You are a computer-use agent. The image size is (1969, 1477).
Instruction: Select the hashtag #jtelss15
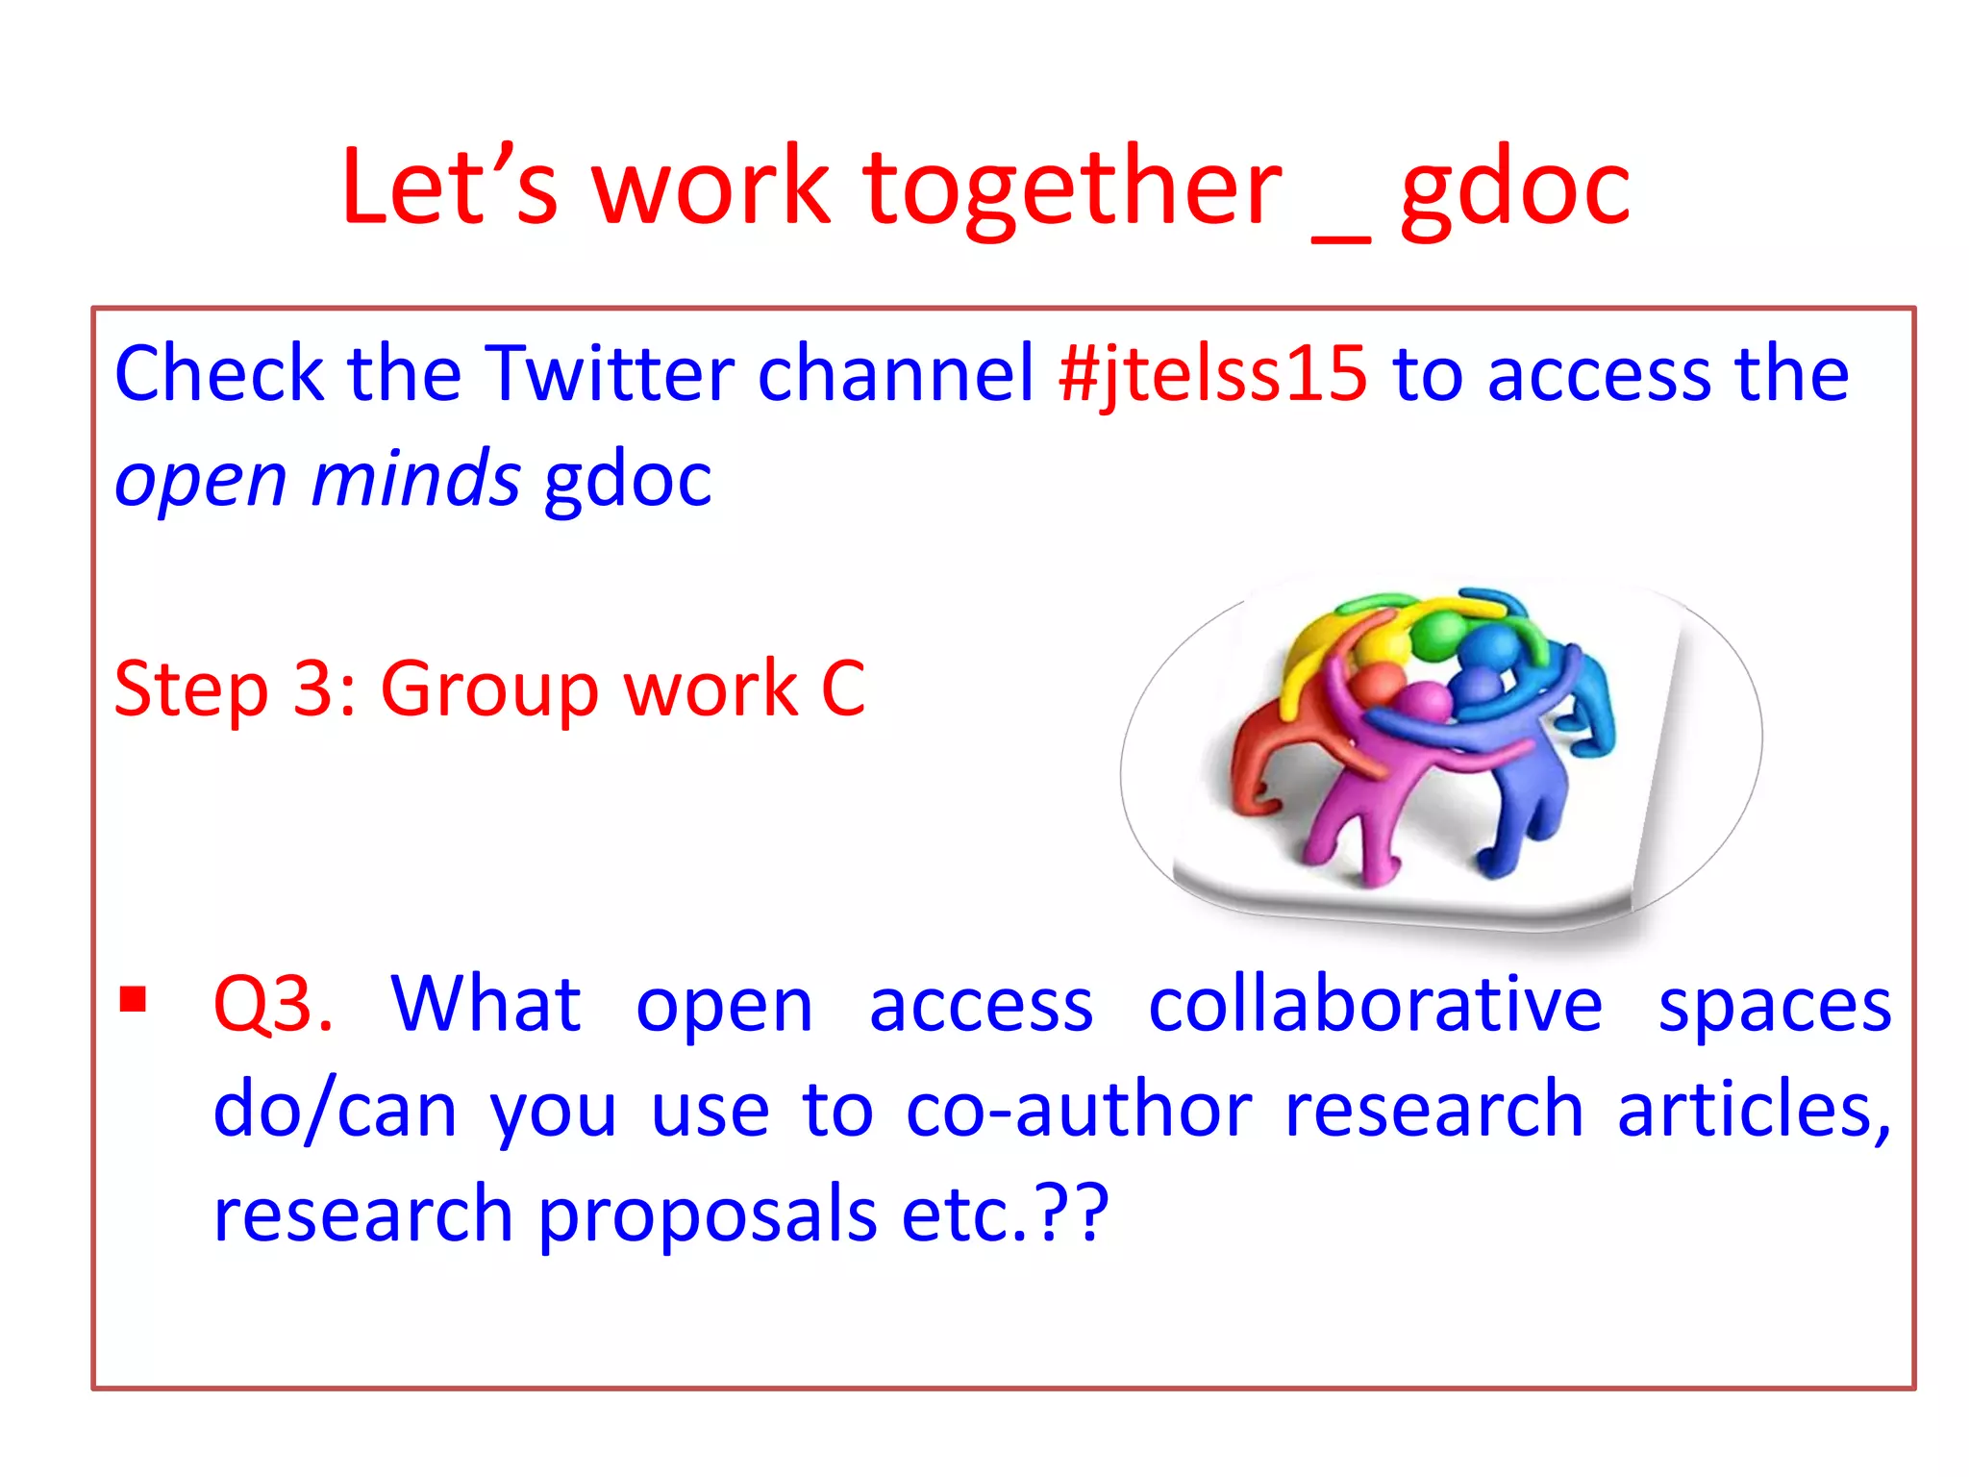pos(1211,373)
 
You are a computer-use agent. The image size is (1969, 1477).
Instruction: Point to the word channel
pos(895,373)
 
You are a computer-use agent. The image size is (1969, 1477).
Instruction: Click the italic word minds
pos(415,479)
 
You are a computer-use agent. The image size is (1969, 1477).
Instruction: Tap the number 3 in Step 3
pos(313,688)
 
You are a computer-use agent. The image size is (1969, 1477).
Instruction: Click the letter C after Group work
pos(843,688)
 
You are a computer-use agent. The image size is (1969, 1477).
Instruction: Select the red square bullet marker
pos(133,1000)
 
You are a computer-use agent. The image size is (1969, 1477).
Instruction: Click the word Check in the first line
pos(219,373)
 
